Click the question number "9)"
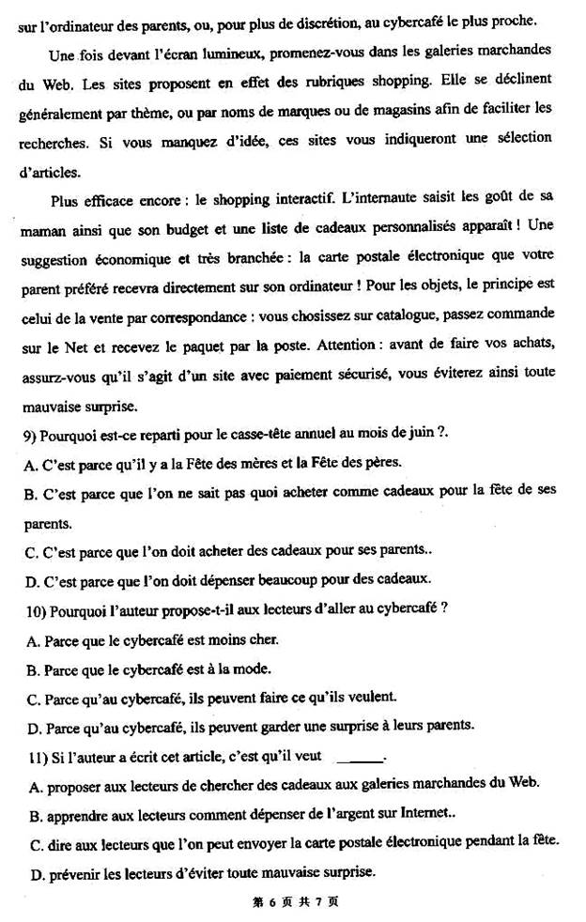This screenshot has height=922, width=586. click(26, 435)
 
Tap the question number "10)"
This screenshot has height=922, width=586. click(30, 608)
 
